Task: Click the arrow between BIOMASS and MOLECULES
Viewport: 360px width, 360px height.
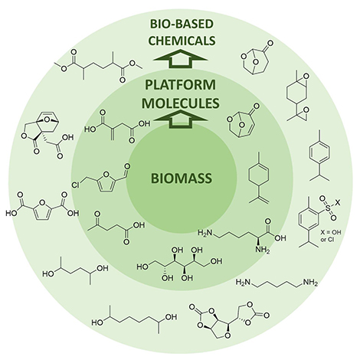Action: (x=180, y=117)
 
